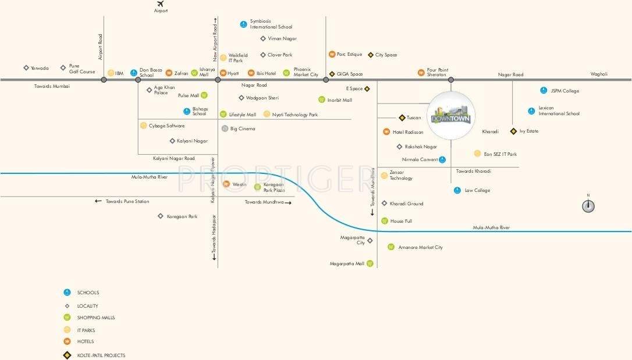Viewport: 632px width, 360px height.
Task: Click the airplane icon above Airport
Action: coord(161,3)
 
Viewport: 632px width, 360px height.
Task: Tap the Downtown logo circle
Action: coord(451,115)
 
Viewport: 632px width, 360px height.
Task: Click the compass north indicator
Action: coord(588,206)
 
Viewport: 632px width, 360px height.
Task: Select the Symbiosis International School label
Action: coord(271,24)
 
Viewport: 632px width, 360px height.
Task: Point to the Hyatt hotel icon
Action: coord(222,73)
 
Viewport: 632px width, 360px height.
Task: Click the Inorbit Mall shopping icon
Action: coord(322,100)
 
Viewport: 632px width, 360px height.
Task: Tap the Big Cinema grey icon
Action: coord(225,129)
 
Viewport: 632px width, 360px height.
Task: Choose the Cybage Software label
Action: coord(166,126)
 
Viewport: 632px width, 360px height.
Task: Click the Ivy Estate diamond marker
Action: coord(513,131)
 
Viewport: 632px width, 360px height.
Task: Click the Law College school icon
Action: coord(457,190)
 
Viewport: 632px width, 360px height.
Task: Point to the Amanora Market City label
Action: coord(420,247)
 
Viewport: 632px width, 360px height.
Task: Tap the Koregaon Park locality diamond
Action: coord(161,216)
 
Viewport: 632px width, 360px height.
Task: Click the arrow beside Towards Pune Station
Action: coord(98,201)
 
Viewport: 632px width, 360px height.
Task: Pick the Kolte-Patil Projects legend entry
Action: coord(101,355)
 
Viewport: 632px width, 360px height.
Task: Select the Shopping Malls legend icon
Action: coord(67,318)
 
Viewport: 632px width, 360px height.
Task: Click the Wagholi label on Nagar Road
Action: coord(599,74)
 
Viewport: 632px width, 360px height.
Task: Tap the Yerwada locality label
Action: coord(40,68)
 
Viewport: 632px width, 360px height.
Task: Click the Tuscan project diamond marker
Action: coord(402,117)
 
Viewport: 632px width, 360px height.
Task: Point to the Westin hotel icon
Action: coord(226,184)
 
